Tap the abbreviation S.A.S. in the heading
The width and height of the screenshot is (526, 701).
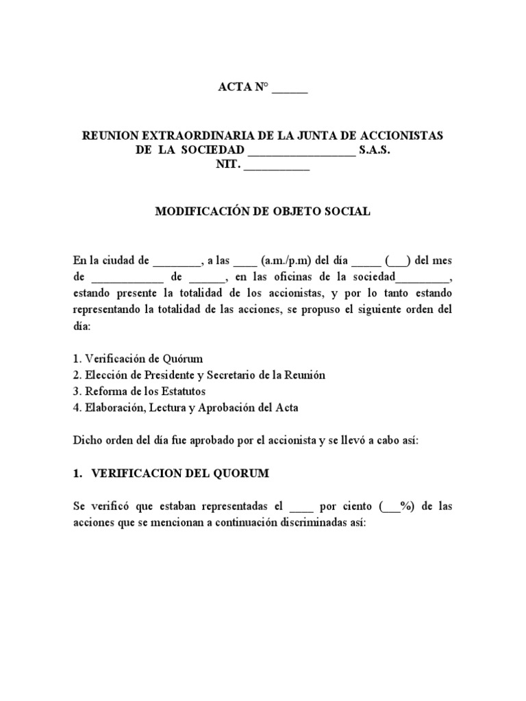[374, 151]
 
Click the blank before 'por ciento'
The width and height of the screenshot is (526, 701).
[301, 508]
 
